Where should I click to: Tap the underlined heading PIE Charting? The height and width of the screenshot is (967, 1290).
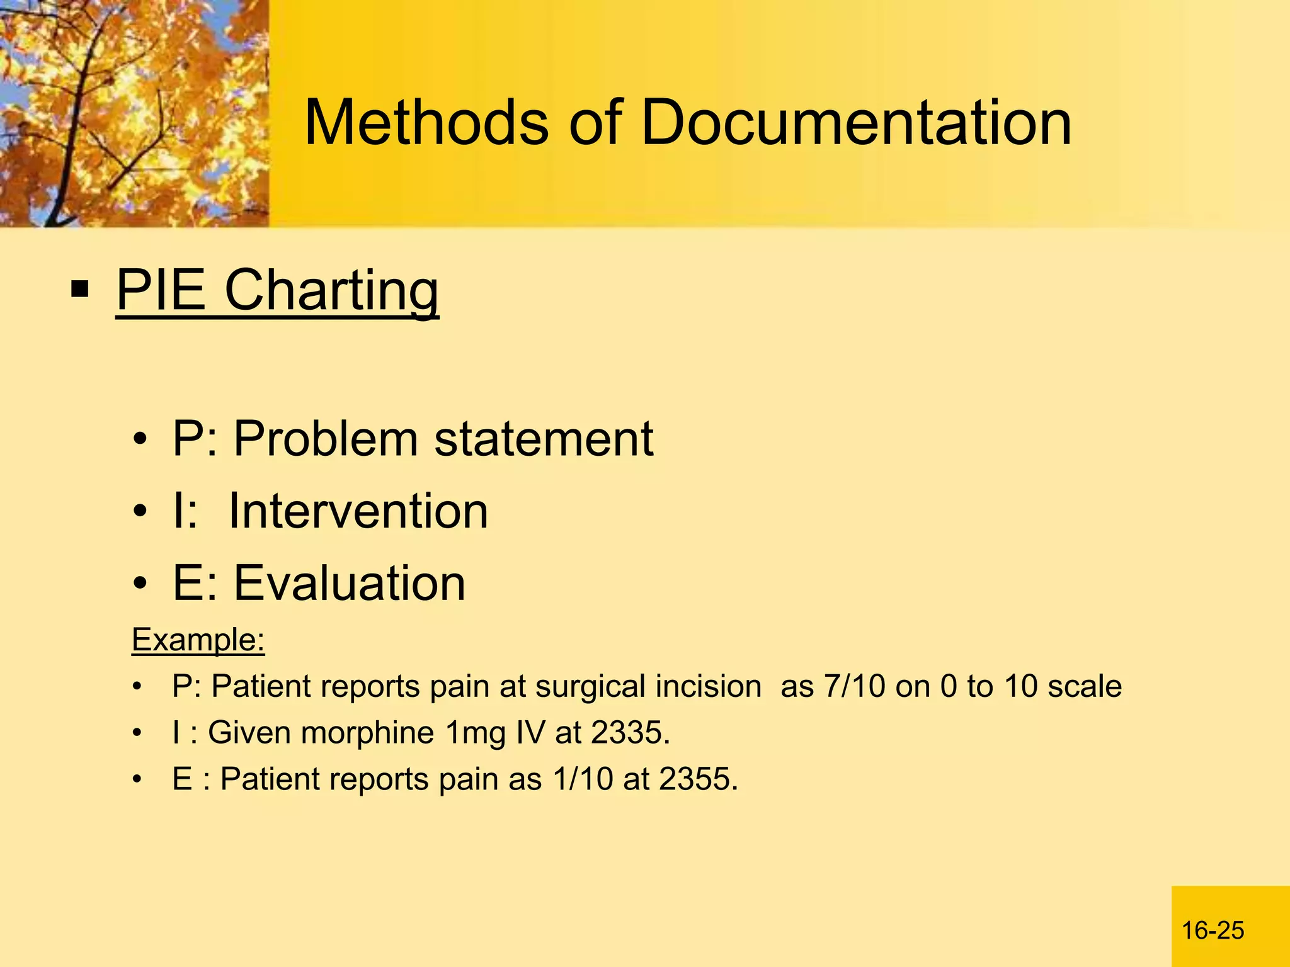click(x=277, y=290)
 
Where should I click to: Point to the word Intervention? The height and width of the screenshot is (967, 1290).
click(x=358, y=511)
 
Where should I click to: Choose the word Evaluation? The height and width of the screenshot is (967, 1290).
click(x=350, y=583)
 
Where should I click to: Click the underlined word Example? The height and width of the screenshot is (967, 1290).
click(x=198, y=640)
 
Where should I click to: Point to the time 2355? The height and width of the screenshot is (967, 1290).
click(x=699, y=779)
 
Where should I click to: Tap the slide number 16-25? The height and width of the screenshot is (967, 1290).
click(x=1213, y=930)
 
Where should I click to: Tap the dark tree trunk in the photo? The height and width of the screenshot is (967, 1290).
click(x=72, y=145)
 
